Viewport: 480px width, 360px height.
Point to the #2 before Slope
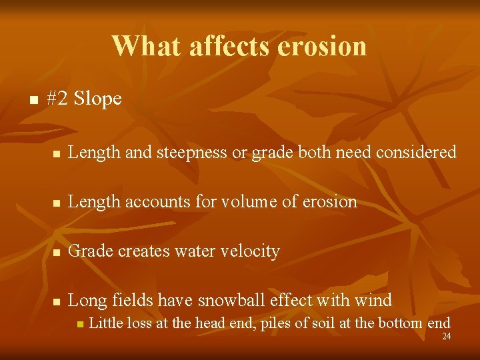[x=58, y=99]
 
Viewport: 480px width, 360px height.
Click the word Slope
[x=98, y=99]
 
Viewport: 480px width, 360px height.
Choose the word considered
[x=416, y=153]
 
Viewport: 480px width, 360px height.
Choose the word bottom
[x=401, y=324]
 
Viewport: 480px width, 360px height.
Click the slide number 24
[x=447, y=337]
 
